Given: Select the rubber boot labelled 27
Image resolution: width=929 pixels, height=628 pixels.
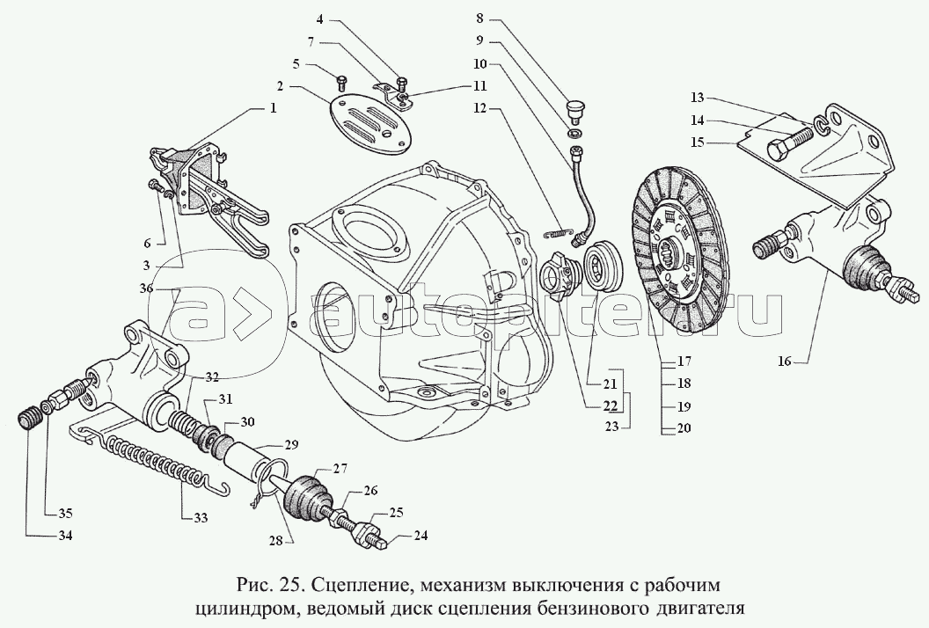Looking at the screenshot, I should click(304, 496).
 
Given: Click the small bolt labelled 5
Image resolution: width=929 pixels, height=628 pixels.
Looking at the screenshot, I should click(340, 83).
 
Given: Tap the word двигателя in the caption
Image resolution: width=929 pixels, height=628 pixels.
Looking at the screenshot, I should click(698, 606).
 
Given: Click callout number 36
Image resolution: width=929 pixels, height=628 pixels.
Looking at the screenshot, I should click(145, 288).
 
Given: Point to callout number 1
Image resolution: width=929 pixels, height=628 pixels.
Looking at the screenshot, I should click(273, 110).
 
